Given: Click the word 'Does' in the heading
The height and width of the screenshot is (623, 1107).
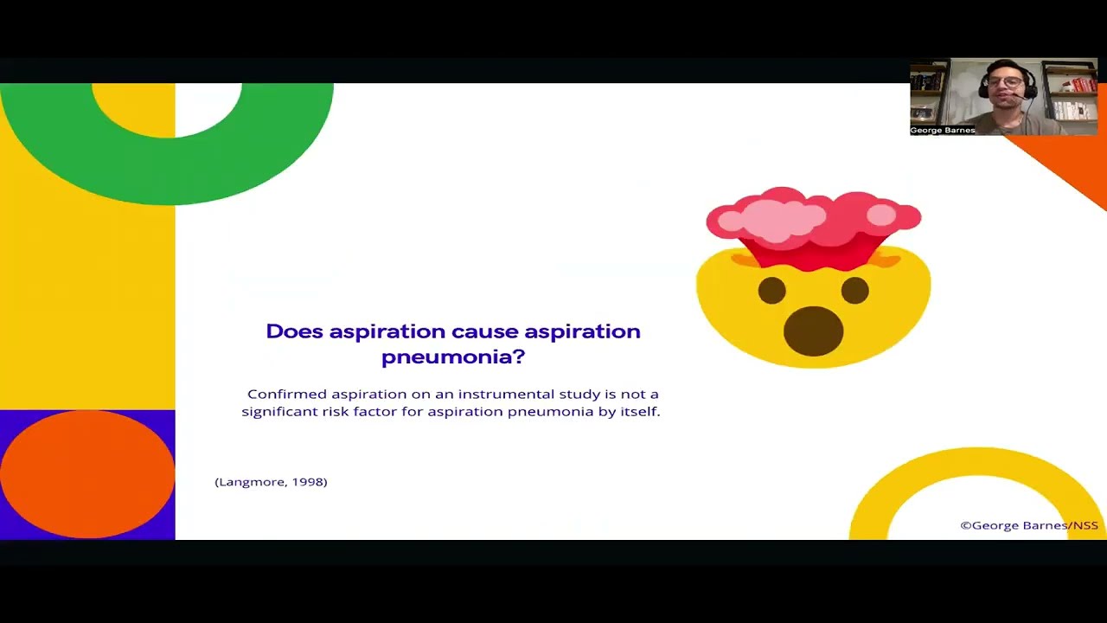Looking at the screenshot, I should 294,331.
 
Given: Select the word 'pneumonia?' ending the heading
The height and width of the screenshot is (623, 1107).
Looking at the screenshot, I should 453,356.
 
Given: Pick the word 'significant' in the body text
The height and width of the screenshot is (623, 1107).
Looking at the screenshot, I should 279,412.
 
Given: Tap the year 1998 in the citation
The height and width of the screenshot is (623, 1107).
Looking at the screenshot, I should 308,482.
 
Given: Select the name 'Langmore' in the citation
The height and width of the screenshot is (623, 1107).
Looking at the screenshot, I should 250,482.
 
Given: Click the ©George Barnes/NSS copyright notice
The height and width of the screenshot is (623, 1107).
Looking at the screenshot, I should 1029,525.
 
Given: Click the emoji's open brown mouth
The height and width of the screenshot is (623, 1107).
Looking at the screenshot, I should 813,331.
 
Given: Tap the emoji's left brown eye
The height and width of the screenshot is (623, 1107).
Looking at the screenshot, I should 772,291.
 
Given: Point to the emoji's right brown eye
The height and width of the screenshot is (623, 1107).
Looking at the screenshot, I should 854,291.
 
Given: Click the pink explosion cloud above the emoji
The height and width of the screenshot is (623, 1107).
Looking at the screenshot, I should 813,216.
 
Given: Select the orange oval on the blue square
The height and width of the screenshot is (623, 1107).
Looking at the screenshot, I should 87,474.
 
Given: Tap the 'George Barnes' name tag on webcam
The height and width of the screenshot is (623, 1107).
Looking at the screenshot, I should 943,131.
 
